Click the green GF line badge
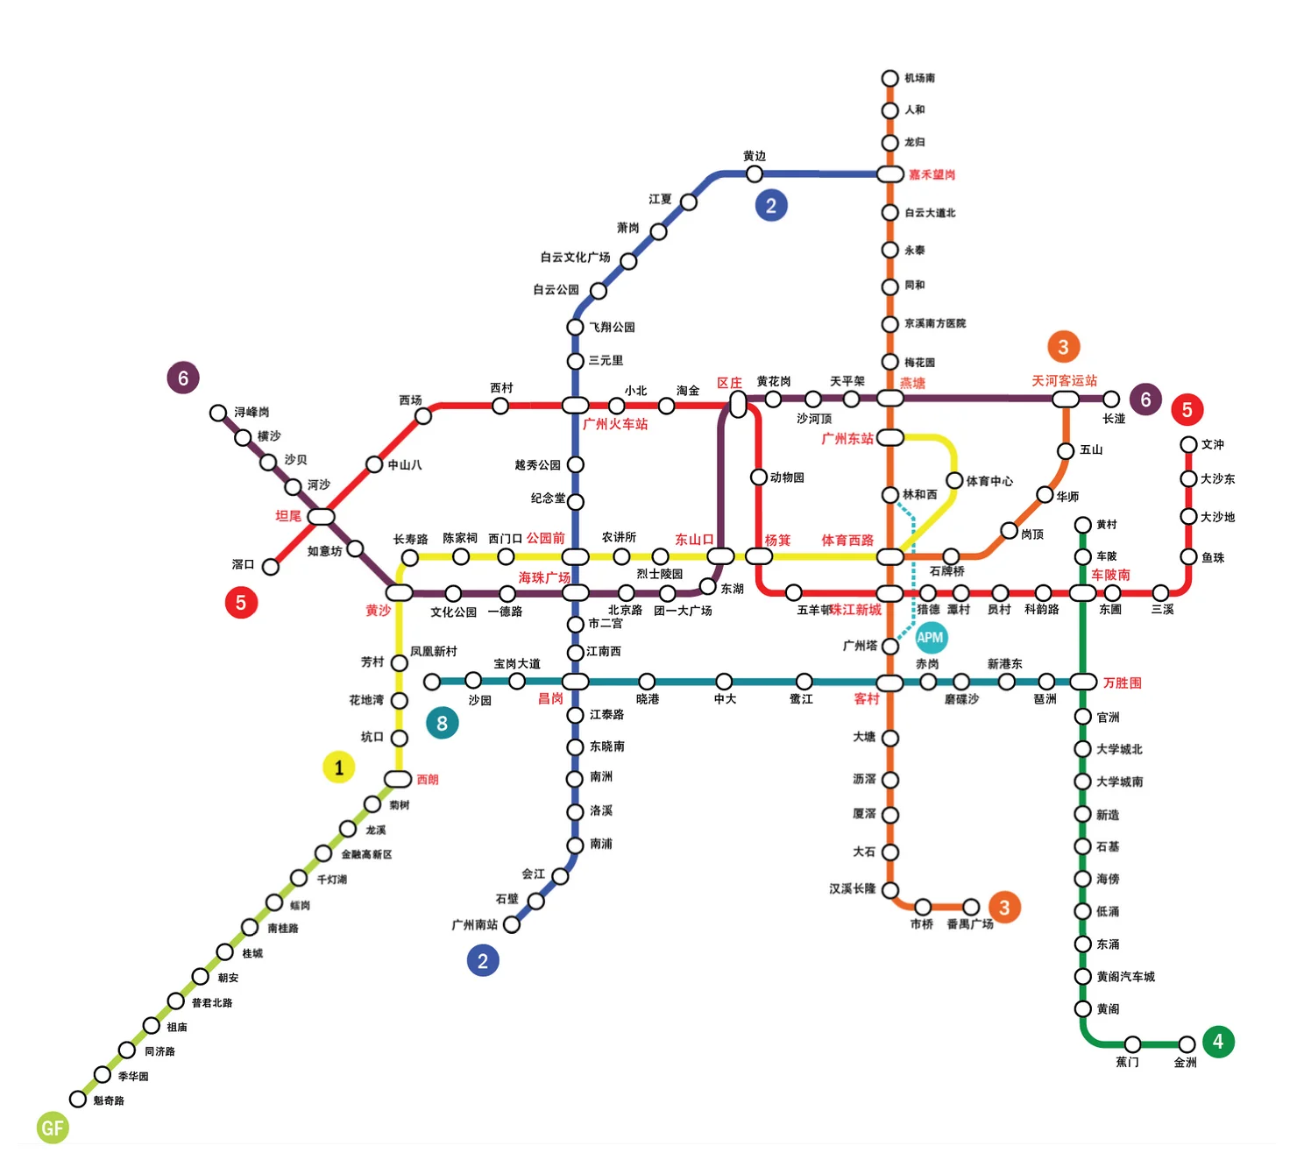53,1128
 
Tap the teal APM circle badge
930,638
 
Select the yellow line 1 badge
339,767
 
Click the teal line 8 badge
442,723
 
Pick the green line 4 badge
1217,1042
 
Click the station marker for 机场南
889,79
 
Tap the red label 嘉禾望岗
932,175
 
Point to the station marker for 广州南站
512,924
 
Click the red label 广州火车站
615,424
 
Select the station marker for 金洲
1187,1044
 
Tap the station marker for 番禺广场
971,907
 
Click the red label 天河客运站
1064,381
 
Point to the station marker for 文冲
1188,445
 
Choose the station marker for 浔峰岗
218,413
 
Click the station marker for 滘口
271,567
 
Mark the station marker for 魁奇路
78,1099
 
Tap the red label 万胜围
1122,682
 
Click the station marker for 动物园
759,477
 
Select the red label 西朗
428,780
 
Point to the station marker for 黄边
754,173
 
